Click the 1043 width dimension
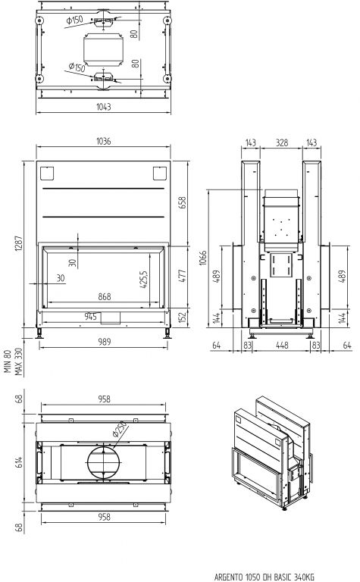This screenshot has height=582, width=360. [x=104, y=107]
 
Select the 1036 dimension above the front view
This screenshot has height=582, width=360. [x=104, y=141]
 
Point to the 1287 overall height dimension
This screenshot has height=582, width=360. [x=19, y=243]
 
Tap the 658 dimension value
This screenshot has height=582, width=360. [x=183, y=202]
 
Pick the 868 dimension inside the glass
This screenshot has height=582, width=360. [x=105, y=296]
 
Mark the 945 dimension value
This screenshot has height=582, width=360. [x=90, y=316]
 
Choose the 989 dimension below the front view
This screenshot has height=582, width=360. [x=105, y=342]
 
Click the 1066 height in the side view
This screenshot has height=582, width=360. [x=202, y=258]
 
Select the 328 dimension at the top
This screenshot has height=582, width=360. [x=282, y=142]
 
